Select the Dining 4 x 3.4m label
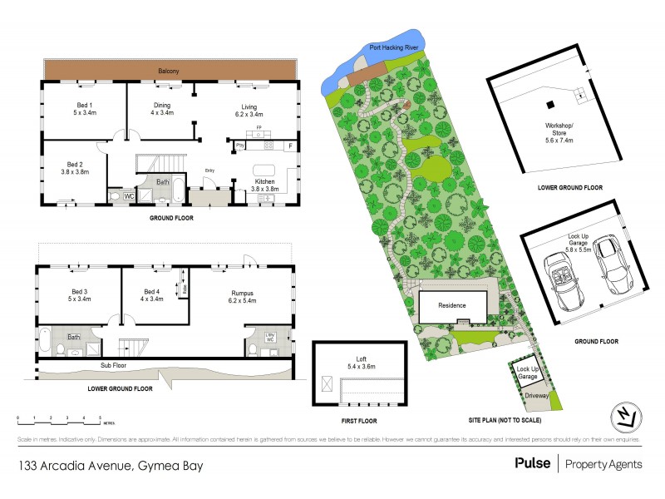click(162, 109)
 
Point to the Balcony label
click(169, 72)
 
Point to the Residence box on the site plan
click(453, 305)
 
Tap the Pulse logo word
click(532, 464)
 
